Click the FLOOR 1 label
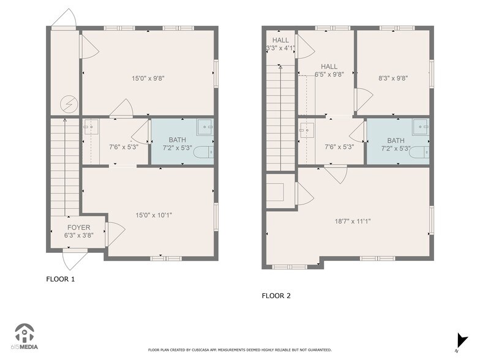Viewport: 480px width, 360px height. pos(61,279)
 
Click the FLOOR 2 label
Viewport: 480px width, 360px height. pos(276,296)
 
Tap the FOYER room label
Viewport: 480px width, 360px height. pos(79,231)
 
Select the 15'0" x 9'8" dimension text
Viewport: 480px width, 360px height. pos(148,78)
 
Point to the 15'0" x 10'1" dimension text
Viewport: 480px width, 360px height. pos(149,215)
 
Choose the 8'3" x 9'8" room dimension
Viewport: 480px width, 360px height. pos(393,78)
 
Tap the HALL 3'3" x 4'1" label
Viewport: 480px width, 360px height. pos(280,44)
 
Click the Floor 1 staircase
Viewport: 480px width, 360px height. pos(64,165)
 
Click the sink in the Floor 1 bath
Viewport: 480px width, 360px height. pos(204,128)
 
